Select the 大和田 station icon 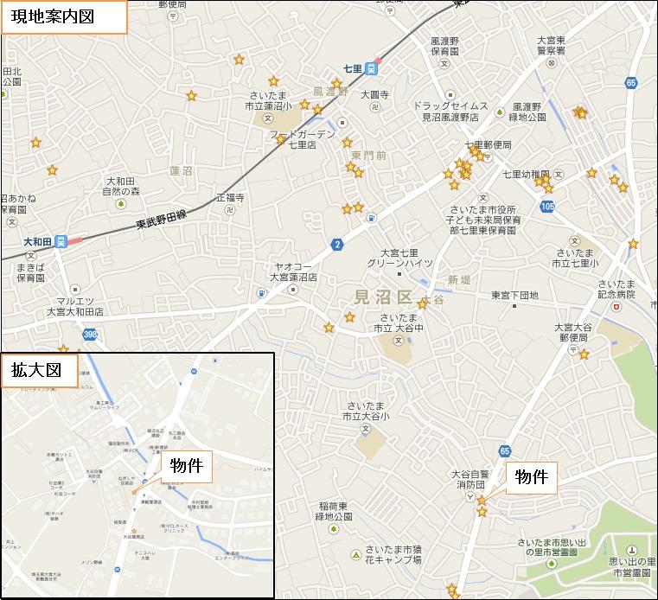pyautogui.click(x=61, y=242)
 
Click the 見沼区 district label pyautogui.click(x=385, y=298)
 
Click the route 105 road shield pyautogui.click(x=546, y=206)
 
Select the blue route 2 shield pyautogui.click(x=336, y=246)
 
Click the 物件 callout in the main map pyautogui.click(x=531, y=476)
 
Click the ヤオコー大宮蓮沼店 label pyautogui.click(x=293, y=272)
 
